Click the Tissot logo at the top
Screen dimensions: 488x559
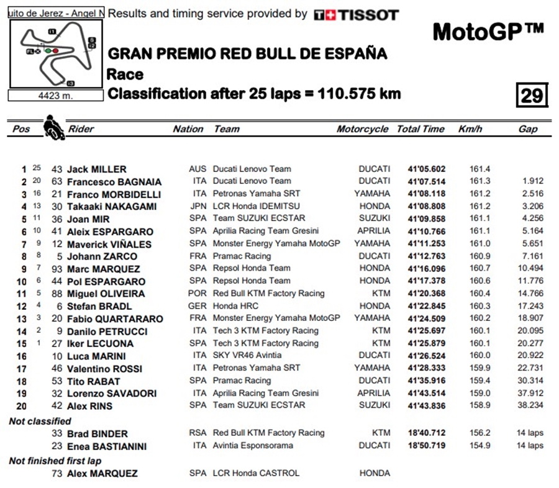(356, 15)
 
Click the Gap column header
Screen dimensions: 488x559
(527, 129)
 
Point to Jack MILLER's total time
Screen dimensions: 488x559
(426, 169)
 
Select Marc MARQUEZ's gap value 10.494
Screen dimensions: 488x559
(530, 268)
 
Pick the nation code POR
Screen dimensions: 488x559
(197, 293)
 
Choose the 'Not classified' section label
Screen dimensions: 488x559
(40, 421)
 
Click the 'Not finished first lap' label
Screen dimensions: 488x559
(55, 461)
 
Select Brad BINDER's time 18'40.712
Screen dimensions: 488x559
(426, 433)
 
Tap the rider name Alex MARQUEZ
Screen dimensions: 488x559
(102, 473)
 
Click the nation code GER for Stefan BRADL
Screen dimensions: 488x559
(197, 305)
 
